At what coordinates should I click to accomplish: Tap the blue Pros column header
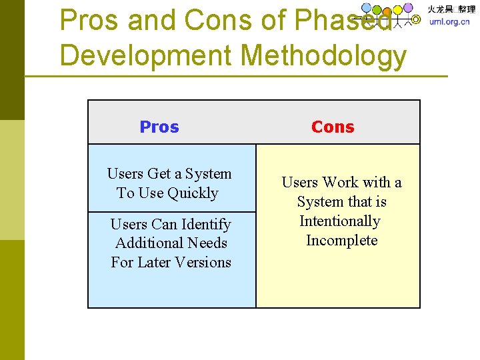point(159,127)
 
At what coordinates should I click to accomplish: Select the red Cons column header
point(333,127)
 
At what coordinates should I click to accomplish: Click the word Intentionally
point(339,221)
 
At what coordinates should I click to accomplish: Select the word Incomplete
point(341,241)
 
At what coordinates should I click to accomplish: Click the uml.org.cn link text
point(449,21)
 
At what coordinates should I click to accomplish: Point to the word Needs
point(208,243)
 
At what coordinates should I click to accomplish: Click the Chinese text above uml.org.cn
point(451,9)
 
